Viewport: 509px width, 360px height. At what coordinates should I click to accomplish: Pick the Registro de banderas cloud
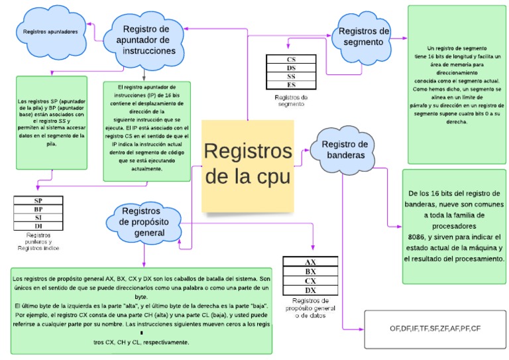point(345,150)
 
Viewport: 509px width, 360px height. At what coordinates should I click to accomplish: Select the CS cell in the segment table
point(291,58)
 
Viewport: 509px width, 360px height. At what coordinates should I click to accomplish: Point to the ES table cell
point(291,85)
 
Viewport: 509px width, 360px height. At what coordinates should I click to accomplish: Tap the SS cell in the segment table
point(291,76)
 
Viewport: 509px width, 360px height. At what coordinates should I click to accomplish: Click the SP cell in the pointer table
point(38,200)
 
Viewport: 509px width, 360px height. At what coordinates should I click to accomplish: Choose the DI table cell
point(38,226)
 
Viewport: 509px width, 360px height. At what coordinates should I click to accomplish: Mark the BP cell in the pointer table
point(38,209)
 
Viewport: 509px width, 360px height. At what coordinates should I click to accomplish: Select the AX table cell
point(310,262)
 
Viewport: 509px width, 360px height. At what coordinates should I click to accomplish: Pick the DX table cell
point(310,290)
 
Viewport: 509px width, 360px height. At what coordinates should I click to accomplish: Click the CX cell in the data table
point(310,281)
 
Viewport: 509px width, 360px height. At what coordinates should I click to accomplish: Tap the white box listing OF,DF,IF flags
point(435,329)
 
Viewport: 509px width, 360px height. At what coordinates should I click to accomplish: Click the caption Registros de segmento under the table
point(291,100)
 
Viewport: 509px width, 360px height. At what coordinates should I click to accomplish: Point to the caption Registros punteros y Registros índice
point(38,241)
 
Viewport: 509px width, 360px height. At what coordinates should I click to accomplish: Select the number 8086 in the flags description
point(419,236)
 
